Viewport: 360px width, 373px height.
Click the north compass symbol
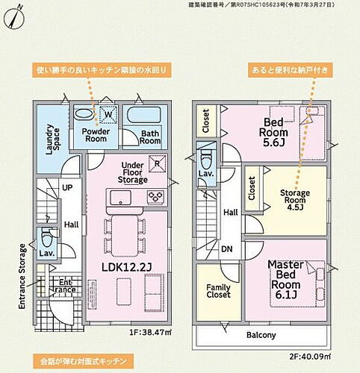(x=15, y=17)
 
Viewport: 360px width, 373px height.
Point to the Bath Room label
(x=150, y=137)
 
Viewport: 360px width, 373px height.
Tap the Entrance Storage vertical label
(x=22, y=276)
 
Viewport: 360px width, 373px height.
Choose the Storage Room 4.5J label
(x=294, y=201)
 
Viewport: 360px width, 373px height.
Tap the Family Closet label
(x=219, y=292)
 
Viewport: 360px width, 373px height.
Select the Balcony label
(x=261, y=336)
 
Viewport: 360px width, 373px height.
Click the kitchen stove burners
(x=156, y=197)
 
